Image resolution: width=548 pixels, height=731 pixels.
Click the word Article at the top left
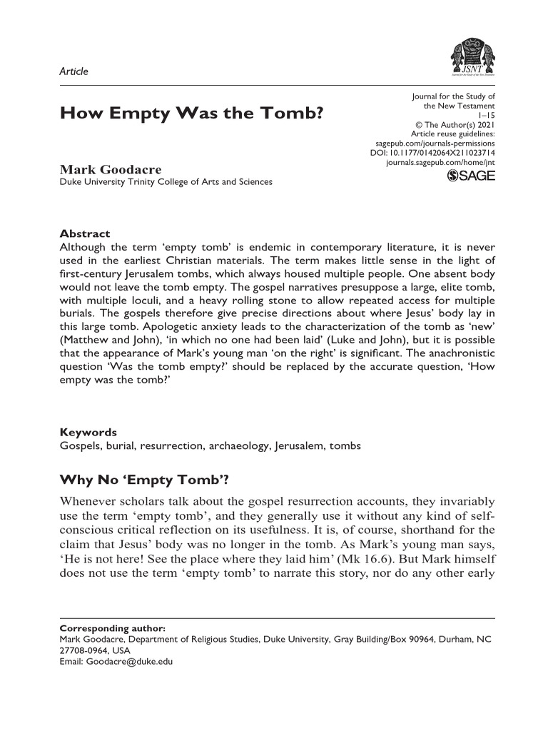(x=73, y=71)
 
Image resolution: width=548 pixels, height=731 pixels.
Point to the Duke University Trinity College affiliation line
(x=166, y=182)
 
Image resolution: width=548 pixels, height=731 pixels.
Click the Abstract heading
(x=84, y=233)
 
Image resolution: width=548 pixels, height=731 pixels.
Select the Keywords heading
(x=88, y=432)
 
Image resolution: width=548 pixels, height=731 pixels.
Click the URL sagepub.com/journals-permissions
(x=435, y=143)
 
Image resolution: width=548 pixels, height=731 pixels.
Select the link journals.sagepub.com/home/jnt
(x=440, y=163)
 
